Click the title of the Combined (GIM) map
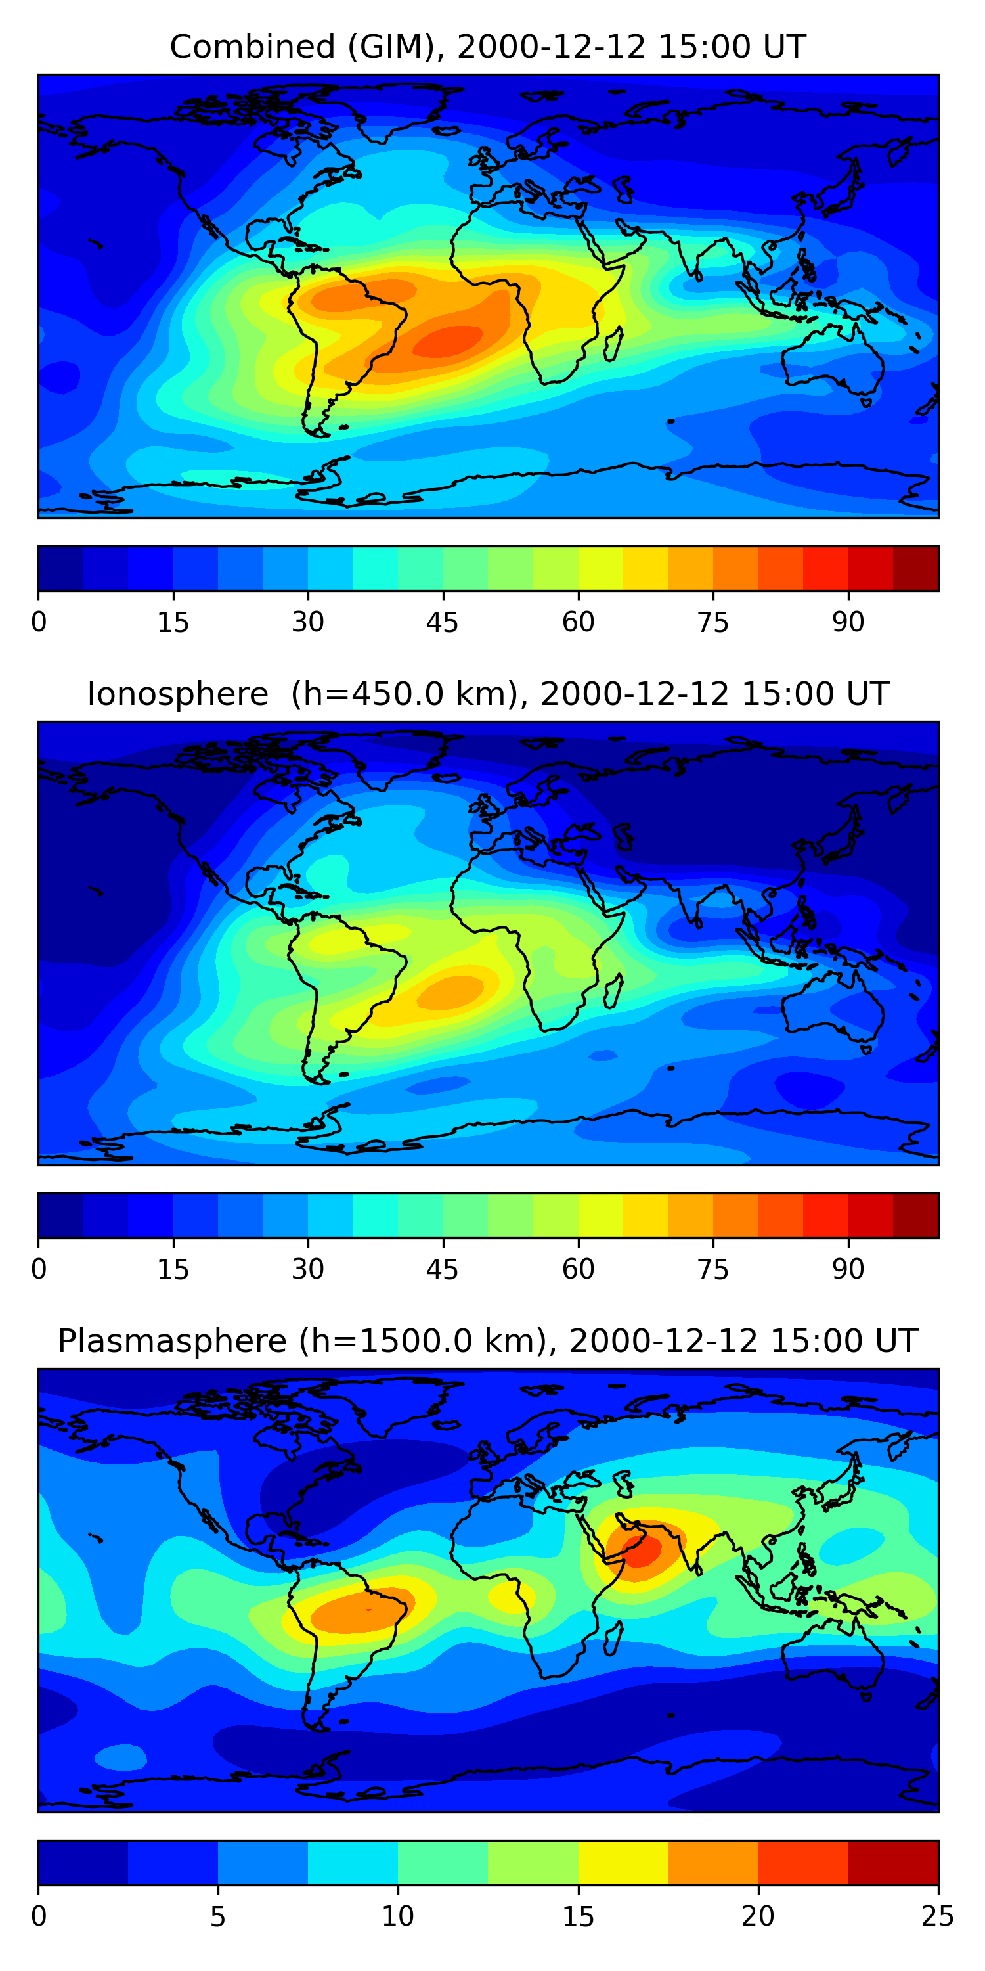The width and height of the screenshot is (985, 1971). coord(488,47)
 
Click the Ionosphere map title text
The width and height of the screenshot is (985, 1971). coord(488,694)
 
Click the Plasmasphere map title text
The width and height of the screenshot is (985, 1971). coord(488,1342)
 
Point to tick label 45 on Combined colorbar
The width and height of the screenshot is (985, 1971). coord(443,623)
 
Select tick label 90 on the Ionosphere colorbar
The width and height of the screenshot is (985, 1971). coord(848,1270)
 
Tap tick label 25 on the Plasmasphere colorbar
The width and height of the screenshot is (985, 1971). coord(938,1916)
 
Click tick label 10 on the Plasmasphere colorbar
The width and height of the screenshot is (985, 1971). coord(398,1916)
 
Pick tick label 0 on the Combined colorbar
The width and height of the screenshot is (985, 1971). coord(39,623)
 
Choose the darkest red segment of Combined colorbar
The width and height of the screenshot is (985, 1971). coord(915,568)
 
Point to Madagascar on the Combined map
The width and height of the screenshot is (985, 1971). coord(613,344)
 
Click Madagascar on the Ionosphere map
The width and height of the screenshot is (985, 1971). coord(613,991)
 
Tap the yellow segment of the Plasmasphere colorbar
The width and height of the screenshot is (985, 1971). coord(623,1863)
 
